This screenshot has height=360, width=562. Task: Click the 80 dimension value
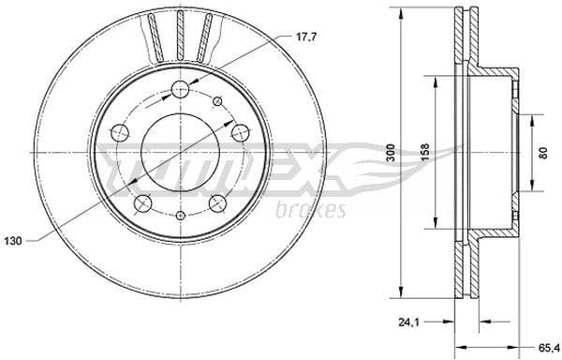pyautogui.click(x=544, y=153)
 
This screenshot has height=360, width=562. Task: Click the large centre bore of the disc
pyautogui.click(x=181, y=149)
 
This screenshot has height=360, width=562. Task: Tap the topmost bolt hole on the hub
pyautogui.click(x=182, y=90)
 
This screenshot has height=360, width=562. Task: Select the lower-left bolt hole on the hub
pyautogui.click(x=143, y=202)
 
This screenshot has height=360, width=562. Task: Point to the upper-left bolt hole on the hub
pyautogui.click(x=120, y=133)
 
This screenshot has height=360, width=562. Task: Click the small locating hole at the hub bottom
pyautogui.click(x=182, y=214)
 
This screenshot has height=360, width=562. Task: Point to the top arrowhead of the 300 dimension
pyautogui.click(x=401, y=14)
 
